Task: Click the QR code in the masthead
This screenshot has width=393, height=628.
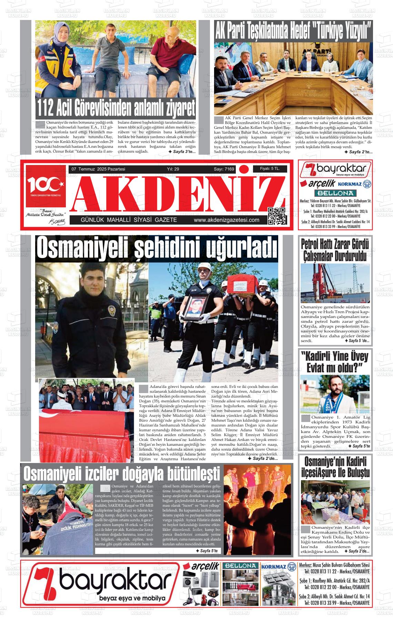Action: (277, 216)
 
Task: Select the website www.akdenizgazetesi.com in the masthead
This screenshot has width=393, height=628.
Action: (226, 220)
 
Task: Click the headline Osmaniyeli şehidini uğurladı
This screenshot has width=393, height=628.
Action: (157, 247)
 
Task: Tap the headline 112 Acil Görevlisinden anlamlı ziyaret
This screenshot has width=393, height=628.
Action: (116, 107)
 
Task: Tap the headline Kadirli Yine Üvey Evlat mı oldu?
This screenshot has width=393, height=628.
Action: (334, 362)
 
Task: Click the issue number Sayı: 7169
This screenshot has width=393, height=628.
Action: (224, 169)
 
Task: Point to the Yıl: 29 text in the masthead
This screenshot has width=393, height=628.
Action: (173, 169)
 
